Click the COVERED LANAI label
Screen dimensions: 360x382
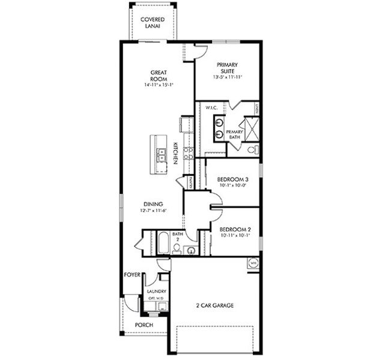click(153, 23)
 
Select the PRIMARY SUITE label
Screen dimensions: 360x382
click(228, 68)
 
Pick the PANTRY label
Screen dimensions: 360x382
click(190, 181)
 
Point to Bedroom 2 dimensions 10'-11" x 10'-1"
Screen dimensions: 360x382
click(234, 235)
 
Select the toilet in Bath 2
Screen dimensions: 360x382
click(177, 248)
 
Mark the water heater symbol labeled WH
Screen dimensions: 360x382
click(252, 262)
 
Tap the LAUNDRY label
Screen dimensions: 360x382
click(156, 292)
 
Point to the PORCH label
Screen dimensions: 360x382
click(144, 325)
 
